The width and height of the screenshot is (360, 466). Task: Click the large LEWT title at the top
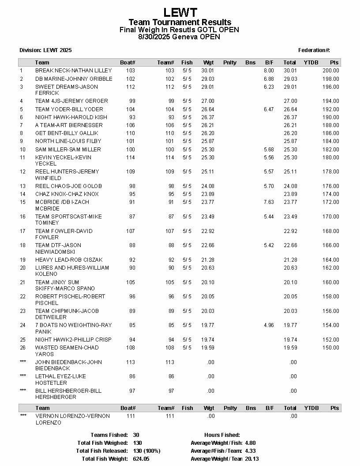coord(180,12)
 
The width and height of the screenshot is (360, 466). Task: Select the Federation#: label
coord(314,50)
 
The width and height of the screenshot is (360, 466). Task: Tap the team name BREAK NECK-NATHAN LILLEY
coord(73,71)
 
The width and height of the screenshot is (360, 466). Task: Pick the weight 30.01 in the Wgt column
coord(207,71)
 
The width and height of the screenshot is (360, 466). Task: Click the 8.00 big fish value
coord(269,71)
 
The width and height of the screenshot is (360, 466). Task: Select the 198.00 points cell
coord(330,79)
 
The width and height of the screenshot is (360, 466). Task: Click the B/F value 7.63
coord(269,202)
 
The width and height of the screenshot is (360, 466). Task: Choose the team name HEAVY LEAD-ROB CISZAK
coord(68,260)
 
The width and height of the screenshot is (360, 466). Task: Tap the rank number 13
coord(22,186)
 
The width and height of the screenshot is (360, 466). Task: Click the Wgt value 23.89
coord(207,194)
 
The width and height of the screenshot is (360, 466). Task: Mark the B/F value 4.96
coord(269,325)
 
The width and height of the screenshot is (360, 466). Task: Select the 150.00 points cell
coord(330,348)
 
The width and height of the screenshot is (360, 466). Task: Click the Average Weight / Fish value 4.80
coord(250,443)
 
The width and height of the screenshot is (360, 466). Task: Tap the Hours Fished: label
coord(222,435)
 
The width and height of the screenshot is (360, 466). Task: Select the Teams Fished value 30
coord(136,435)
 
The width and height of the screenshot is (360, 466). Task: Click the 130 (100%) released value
coord(146,451)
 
